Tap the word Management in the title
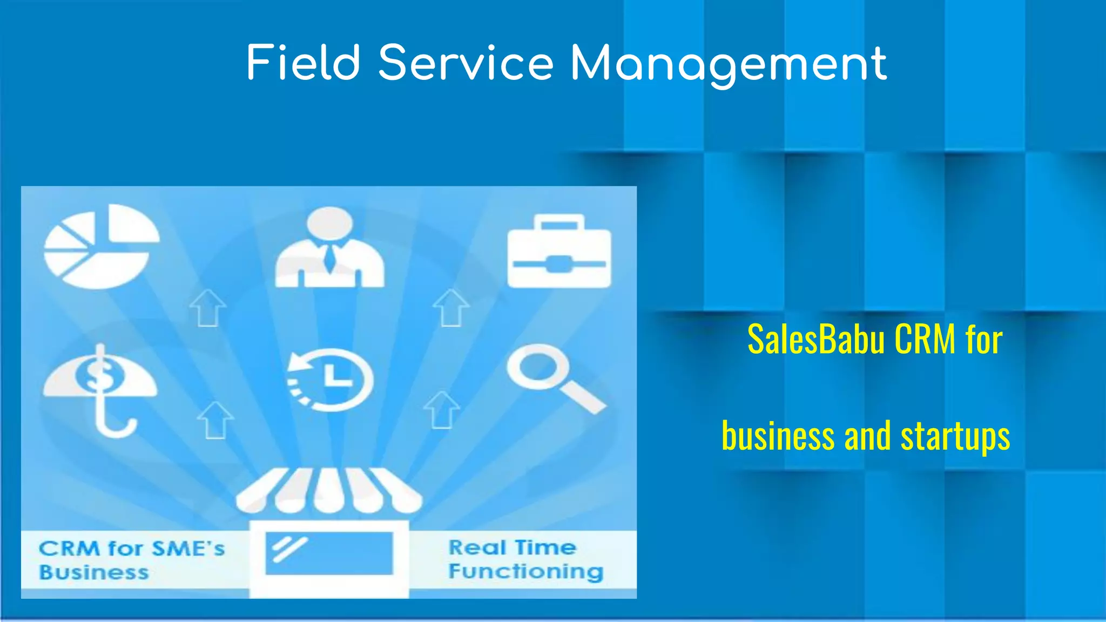[729, 64]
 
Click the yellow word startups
[955, 436]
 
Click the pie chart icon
[101, 246]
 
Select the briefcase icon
[559, 252]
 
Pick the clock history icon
[329, 380]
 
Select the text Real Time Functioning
[525, 559]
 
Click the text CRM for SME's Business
[131, 560]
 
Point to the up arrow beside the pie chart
[207, 308]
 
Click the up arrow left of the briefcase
[451, 308]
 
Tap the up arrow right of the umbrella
[215, 420]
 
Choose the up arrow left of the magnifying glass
[442, 410]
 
